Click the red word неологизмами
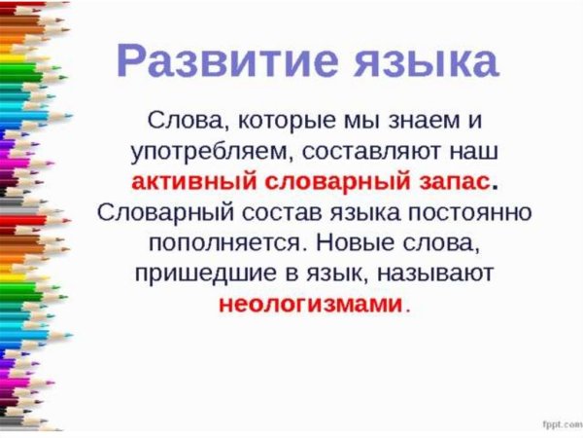pos(309,304)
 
